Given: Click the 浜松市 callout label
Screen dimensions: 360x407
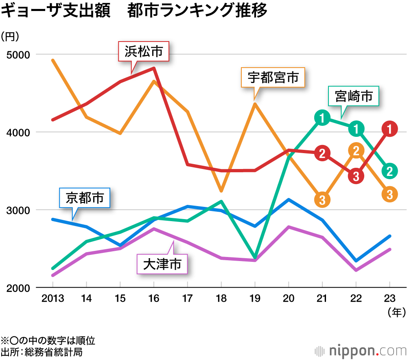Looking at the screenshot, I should coord(143,52).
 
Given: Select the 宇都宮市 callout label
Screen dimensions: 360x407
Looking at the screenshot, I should coord(273,77).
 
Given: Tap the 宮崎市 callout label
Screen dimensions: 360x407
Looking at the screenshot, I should coord(354,97).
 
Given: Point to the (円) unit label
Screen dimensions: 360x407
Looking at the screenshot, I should coord(10,37).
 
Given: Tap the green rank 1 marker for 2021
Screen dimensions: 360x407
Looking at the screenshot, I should coord(322,119).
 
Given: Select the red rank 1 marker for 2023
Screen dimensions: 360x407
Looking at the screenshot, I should coord(389,129).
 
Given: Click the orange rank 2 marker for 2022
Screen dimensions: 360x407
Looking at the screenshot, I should coord(356,151).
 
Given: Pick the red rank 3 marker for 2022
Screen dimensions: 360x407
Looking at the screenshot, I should coord(356,176).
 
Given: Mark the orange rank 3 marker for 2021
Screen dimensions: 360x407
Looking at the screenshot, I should coord(322,199).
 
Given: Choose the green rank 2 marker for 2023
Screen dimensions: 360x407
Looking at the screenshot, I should coord(389,171).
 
